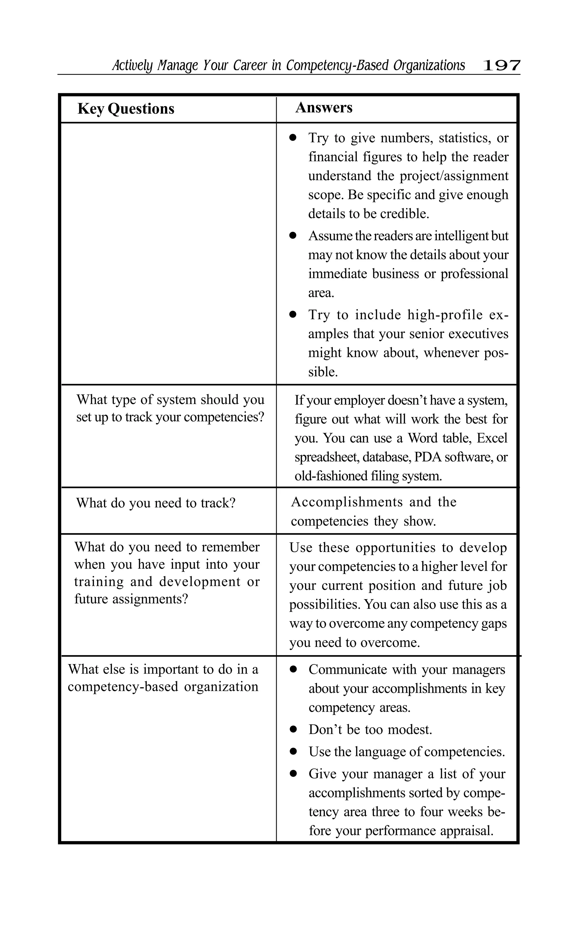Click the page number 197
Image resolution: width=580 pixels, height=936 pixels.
(x=501, y=66)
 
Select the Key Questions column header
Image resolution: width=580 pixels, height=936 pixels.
(x=126, y=109)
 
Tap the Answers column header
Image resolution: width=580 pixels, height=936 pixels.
(x=324, y=108)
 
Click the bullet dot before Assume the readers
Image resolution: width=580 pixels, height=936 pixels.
(x=293, y=236)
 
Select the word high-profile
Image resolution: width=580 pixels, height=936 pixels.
(x=445, y=315)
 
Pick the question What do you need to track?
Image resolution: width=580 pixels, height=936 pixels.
(x=156, y=503)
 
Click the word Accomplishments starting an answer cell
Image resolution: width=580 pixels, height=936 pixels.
(x=347, y=502)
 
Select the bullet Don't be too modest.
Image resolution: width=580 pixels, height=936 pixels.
(x=370, y=729)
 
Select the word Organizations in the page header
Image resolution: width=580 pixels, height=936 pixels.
(x=429, y=66)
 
